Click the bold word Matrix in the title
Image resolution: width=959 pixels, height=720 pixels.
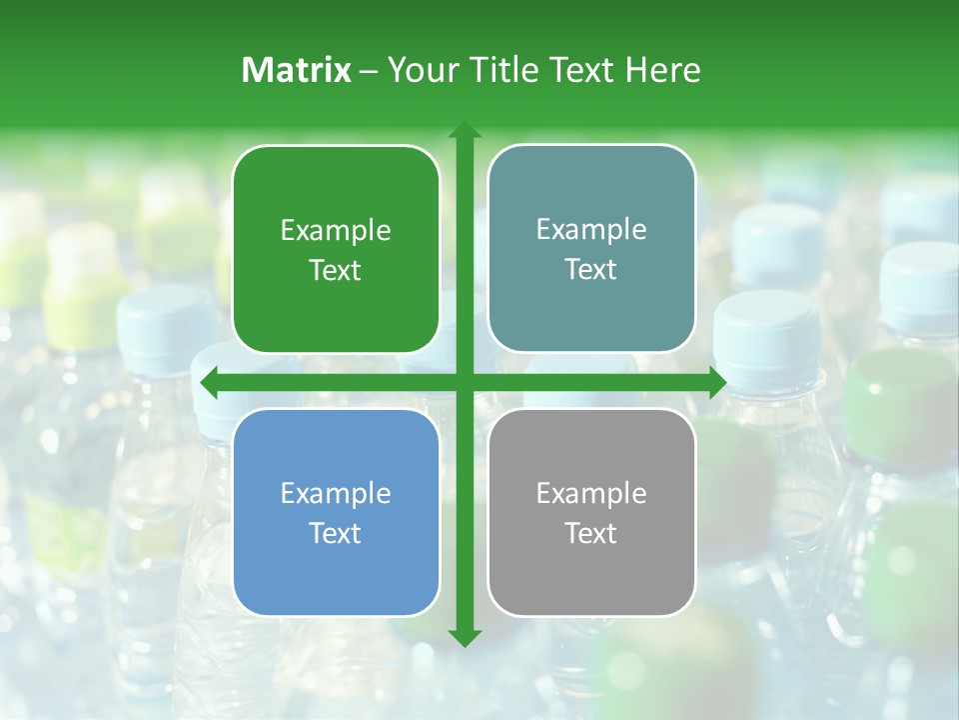pos(297,70)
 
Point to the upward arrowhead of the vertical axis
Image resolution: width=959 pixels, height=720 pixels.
pos(464,130)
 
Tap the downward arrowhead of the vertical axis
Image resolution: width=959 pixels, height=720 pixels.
pos(464,638)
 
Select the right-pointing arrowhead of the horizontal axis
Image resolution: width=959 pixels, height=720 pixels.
pos(717,382)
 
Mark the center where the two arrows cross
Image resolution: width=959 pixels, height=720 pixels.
pos(464,382)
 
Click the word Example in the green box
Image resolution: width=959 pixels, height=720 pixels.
pos(336,231)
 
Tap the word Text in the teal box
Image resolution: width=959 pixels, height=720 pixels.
pos(591,270)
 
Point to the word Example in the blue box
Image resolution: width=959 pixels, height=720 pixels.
pos(336,494)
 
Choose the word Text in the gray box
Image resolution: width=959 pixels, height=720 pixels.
pos(591,533)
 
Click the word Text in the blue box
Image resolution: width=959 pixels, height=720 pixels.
pos(336,533)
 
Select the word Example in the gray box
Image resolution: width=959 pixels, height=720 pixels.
pos(591,494)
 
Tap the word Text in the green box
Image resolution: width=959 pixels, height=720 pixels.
pos(336,271)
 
